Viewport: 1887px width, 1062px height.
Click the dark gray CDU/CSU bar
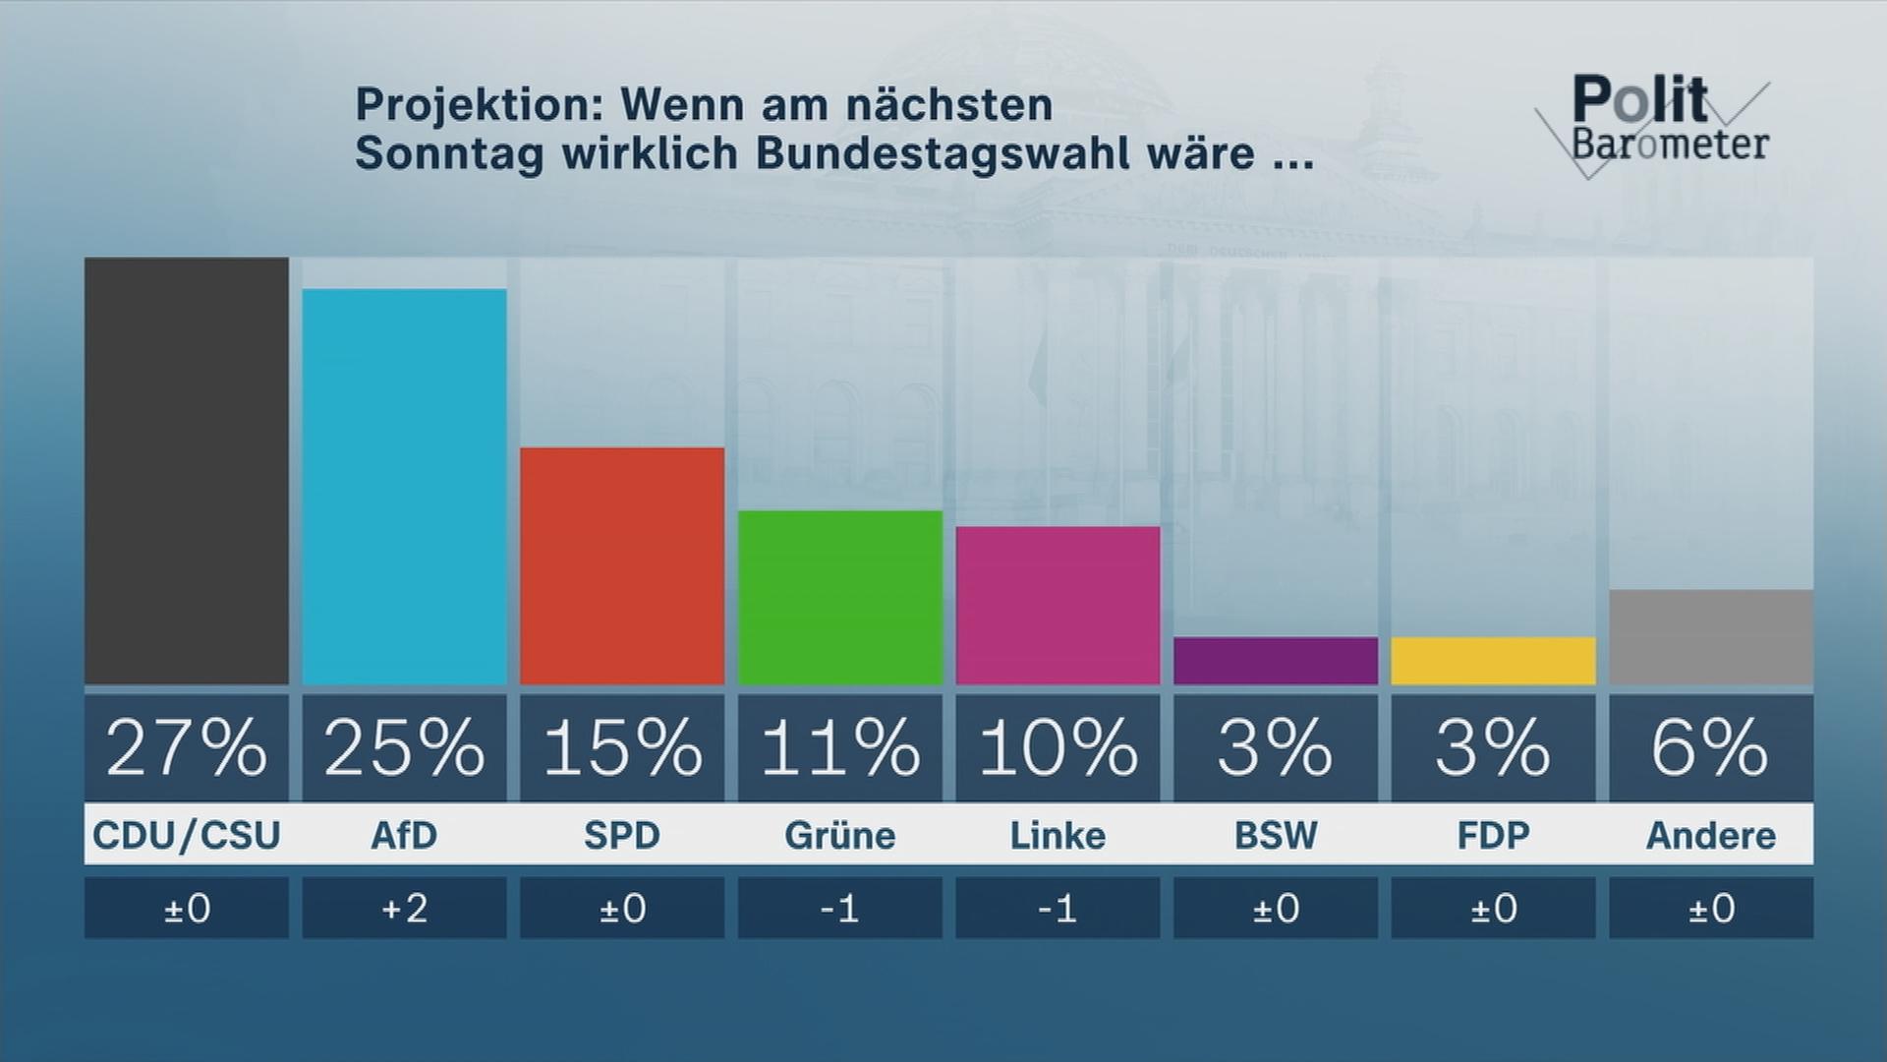point(186,471)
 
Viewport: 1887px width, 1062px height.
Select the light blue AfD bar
point(404,487)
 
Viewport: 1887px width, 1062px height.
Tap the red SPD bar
point(622,565)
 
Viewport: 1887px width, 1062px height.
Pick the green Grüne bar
point(840,597)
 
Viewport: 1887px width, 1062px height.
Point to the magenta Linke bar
point(1058,605)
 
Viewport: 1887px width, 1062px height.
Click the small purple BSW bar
point(1276,661)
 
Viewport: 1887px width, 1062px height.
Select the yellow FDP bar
point(1493,661)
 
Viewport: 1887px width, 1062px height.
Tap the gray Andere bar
point(1711,637)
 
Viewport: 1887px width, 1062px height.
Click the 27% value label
point(186,748)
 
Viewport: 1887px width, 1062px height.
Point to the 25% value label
point(404,748)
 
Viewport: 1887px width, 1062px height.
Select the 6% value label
point(1711,748)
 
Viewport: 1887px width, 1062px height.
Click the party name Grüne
point(840,835)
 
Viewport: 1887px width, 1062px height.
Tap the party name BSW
point(1276,835)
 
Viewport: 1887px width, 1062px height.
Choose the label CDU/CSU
point(186,835)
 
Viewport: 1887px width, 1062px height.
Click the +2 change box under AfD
point(404,908)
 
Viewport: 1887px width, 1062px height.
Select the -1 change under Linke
point(1058,908)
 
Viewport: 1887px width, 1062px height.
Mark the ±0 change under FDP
point(1493,908)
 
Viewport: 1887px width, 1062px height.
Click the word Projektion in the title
point(480,105)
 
